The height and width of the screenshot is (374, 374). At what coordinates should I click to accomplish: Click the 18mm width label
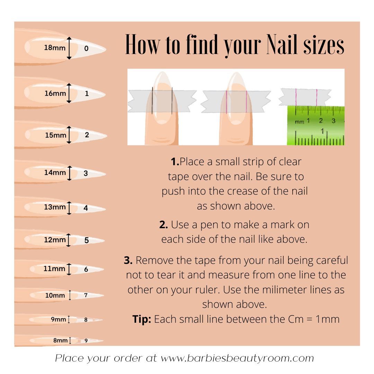(55, 48)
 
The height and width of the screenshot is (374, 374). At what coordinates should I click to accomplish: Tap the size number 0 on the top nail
(86, 48)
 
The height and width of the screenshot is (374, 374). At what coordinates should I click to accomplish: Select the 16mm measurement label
(55, 93)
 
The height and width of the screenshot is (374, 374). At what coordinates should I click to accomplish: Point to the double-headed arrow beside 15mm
(69, 135)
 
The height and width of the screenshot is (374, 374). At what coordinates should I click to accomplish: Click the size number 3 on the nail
(86, 173)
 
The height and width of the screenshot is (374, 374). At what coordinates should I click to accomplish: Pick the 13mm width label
(55, 207)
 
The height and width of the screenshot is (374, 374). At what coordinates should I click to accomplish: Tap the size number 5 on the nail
(86, 240)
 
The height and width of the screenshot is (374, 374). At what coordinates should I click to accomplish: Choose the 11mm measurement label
(54, 269)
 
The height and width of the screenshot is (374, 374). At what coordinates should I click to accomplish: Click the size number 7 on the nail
(86, 295)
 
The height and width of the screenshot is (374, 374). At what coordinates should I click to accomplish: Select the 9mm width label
(59, 319)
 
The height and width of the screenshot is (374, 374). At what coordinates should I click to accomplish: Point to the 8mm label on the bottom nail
(60, 340)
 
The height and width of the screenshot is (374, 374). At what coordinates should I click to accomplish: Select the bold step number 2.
(163, 225)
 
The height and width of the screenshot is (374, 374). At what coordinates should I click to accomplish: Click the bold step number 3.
(128, 260)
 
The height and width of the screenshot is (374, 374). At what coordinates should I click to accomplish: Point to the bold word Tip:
(142, 319)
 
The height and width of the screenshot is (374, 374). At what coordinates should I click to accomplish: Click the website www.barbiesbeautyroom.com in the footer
(237, 358)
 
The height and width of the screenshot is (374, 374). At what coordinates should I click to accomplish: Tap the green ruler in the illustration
(315, 125)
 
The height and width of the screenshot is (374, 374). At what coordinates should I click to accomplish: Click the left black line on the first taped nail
(152, 100)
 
